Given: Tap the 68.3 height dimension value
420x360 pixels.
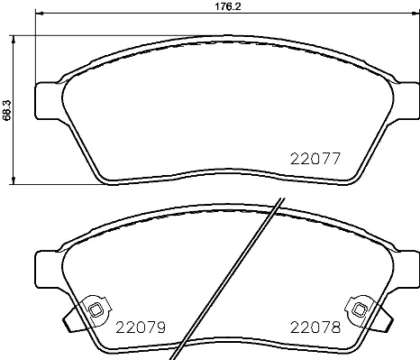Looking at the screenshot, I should point(6,109).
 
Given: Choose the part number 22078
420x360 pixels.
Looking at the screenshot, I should point(315,328).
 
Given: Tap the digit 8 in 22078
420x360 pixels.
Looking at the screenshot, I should point(337,328).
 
